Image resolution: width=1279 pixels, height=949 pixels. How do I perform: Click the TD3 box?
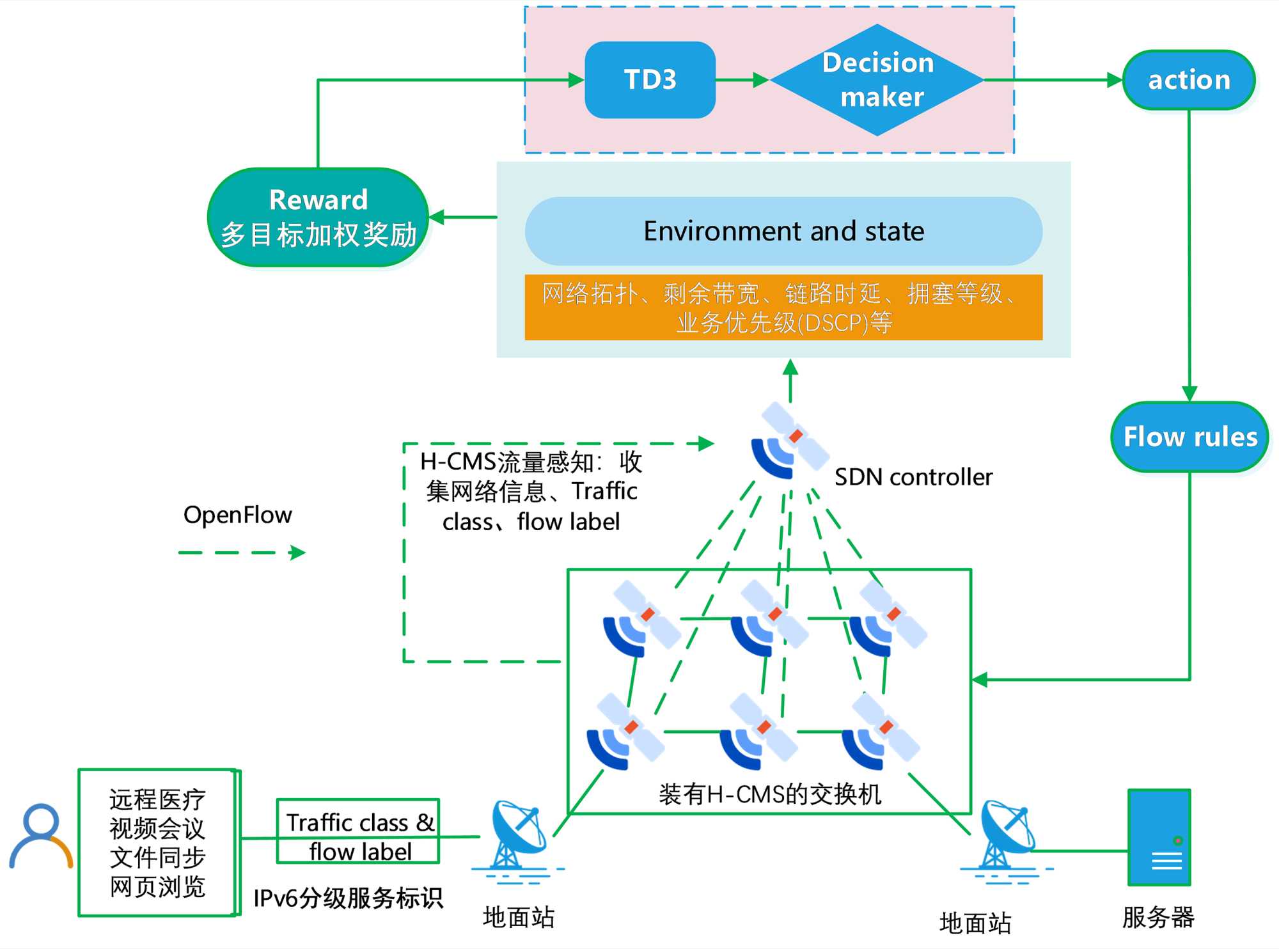coord(650,80)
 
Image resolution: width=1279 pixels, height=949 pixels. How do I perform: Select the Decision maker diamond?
coord(877,80)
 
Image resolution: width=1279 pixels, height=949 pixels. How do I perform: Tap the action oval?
coord(1189,80)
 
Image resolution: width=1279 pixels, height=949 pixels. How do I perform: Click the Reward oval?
coord(318,217)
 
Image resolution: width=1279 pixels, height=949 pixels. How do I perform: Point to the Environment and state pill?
coord(783,231)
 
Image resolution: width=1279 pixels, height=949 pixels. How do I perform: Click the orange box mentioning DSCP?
coord(783,308)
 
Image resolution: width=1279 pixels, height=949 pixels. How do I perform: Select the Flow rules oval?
coord(1189,437)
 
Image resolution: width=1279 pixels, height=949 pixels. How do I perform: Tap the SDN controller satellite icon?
coord(789,441)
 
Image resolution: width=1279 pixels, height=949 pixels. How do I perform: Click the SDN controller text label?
coord(913,477)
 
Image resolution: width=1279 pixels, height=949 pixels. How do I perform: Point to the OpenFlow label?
coord(237,515)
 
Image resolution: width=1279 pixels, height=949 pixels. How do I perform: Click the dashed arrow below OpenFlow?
coord(242,553)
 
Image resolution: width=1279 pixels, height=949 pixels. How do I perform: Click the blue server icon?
coord(1159,837)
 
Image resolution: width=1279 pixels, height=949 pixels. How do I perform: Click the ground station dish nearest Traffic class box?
coord(517,838)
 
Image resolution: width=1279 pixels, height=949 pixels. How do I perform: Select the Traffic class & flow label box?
coord(358,831)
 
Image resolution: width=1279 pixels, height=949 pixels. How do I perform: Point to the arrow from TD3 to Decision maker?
coord(742,80)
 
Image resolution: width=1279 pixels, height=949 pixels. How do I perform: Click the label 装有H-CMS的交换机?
coord(770,794)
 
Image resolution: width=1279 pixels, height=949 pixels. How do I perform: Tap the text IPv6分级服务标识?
coord(348,898)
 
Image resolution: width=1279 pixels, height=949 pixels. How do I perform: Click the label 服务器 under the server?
coord(1158,918)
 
